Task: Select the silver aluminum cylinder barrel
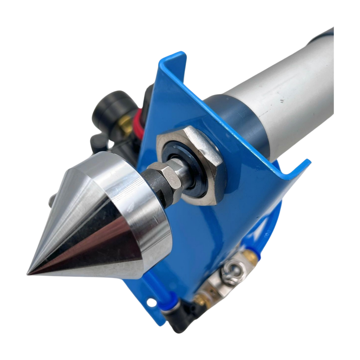[x=288, y=90]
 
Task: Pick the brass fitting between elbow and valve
[x=200, y=299]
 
